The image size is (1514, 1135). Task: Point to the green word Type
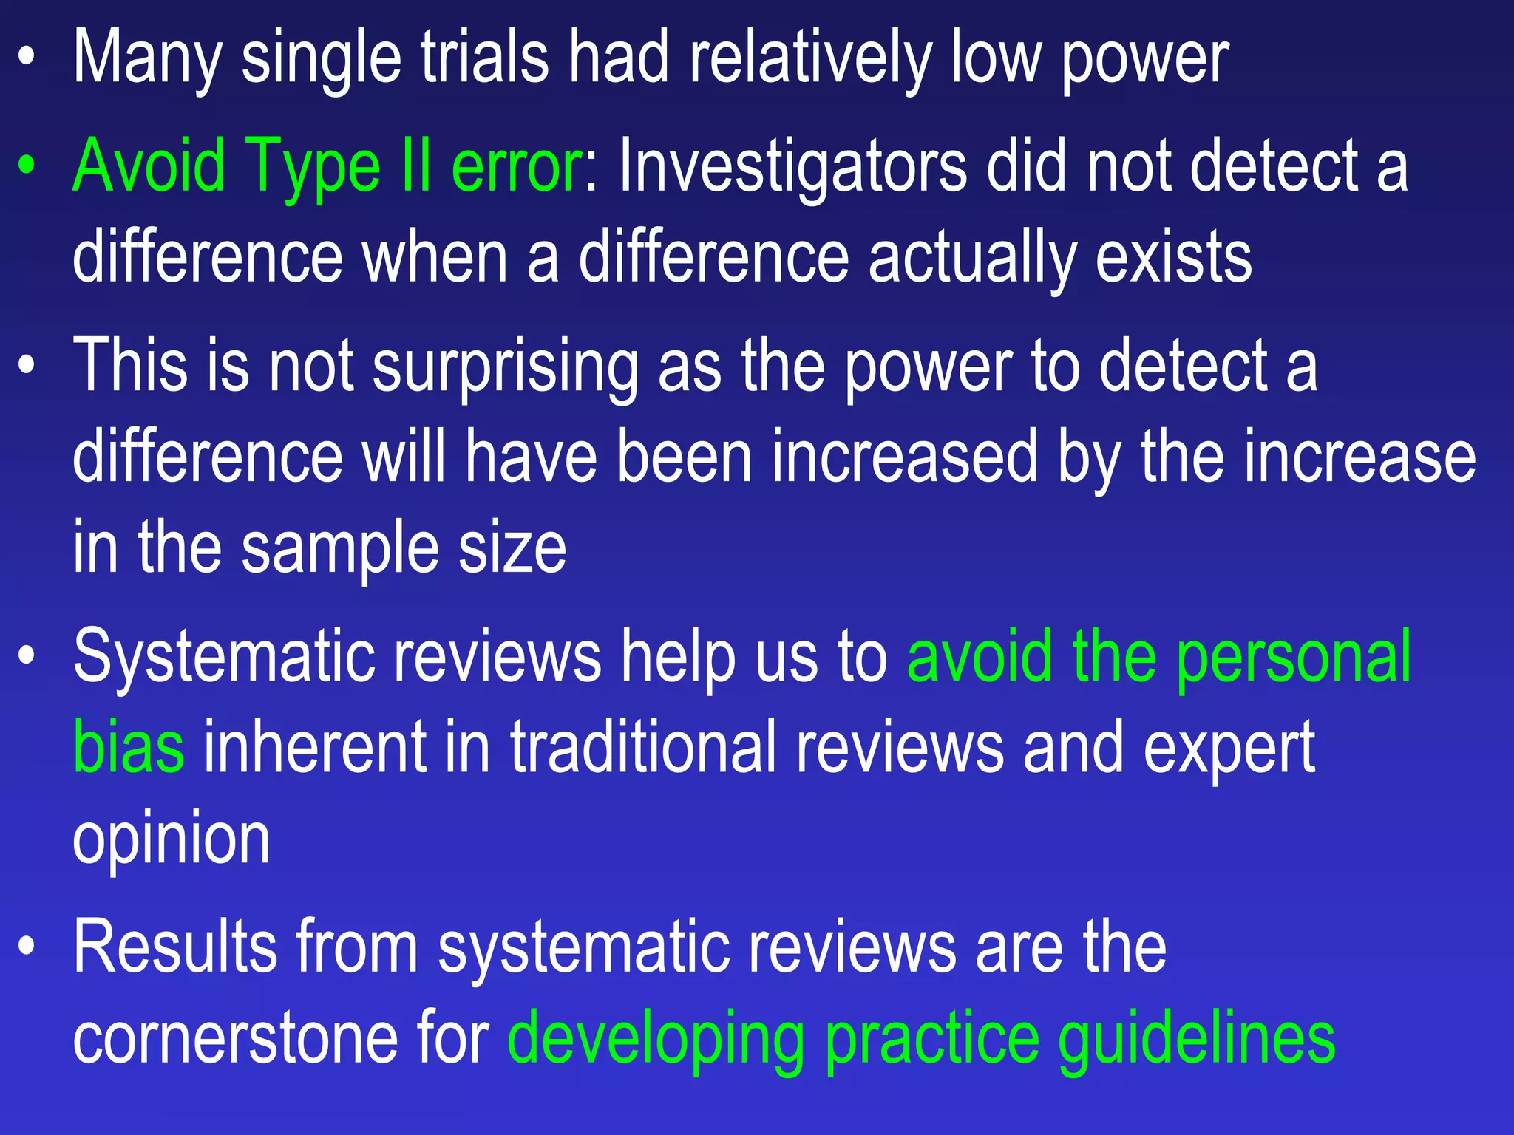tap(313, 167)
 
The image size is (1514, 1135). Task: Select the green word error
tap(516, 167)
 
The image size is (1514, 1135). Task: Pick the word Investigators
tap(792, 167)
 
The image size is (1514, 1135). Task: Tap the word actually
tap(972, 257)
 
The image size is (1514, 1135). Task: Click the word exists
tap(1173, 257)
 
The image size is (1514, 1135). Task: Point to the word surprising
tap(505, 367)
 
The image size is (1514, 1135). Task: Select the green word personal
tap(1293, 656)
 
